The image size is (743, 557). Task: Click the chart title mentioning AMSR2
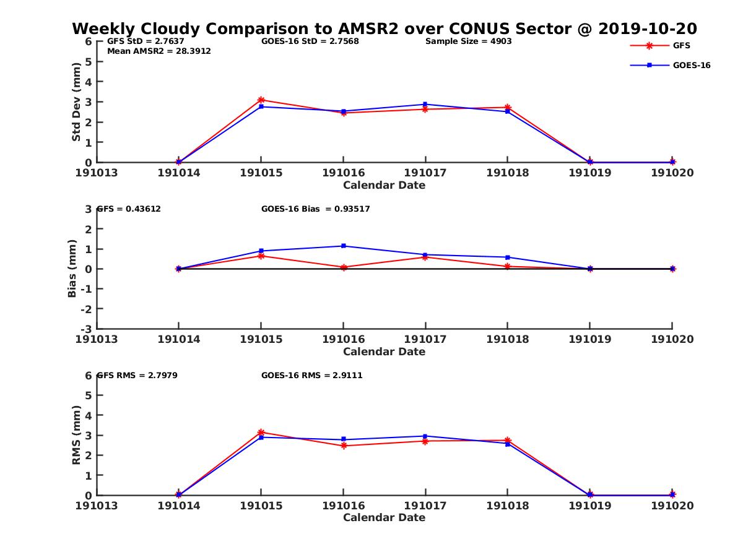point(384,28)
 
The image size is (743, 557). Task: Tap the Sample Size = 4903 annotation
point(468,41)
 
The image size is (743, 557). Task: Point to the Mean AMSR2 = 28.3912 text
point(159,51)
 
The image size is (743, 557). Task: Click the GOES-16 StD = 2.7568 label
point(310,41)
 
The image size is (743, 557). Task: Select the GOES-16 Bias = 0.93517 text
point(315,209)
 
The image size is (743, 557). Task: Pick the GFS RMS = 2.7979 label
point(137,375)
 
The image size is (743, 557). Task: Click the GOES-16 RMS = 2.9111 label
point(311,375)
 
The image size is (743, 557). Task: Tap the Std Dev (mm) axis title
point(76,102)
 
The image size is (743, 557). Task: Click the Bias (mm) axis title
point(72,269)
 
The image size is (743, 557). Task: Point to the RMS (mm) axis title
point(76,435)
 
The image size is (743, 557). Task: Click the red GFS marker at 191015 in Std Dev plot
point(261,100)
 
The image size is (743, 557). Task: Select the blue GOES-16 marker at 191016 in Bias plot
point(344,246)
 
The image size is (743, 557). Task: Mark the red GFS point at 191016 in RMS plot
point(344,446)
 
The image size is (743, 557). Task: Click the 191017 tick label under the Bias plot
point(425,339)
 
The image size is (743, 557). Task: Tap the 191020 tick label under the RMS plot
point(672,505)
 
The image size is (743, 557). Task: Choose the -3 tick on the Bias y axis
point(88,329)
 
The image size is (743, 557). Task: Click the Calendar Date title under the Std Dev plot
point(384,185)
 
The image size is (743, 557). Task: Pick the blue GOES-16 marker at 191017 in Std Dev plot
point(425,105)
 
